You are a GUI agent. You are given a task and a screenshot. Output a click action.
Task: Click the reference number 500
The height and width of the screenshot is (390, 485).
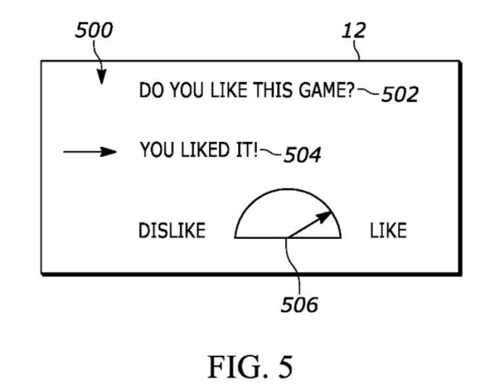(93, 30)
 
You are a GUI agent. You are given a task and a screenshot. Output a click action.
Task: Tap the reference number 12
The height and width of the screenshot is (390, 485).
(352, 30)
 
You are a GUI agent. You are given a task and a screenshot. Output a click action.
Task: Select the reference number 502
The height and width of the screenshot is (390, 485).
(399, 96)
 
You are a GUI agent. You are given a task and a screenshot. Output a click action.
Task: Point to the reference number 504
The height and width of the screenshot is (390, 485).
(301, 156)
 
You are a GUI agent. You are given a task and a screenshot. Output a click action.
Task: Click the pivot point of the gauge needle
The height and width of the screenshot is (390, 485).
(286, 238)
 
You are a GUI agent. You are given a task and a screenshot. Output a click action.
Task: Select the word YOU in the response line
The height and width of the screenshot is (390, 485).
(154, 149)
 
